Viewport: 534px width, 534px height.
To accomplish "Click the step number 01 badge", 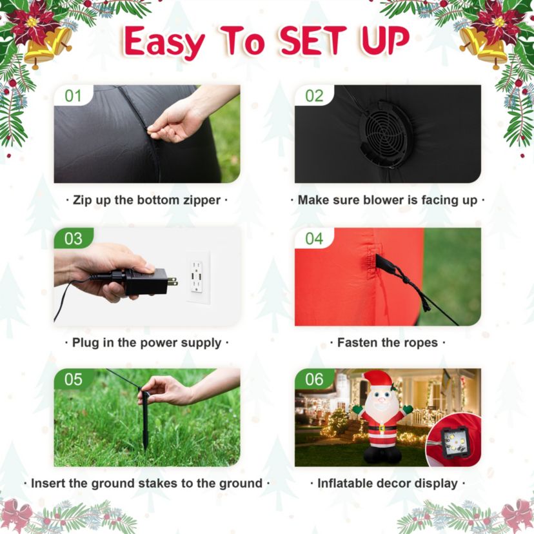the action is tap(74, 95).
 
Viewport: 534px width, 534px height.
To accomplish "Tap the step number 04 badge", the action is tap(314, 239).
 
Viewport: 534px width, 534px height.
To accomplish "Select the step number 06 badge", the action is tap(314, 379).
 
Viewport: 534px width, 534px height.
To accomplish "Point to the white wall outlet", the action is tap(197, 277).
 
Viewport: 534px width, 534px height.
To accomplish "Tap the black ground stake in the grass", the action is tap(145, 420).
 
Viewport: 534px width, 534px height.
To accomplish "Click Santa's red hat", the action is tap(377, 381).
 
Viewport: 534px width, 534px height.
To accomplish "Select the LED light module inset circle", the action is tap(453, 441).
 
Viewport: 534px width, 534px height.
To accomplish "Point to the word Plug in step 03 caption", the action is tap(86, 343).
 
